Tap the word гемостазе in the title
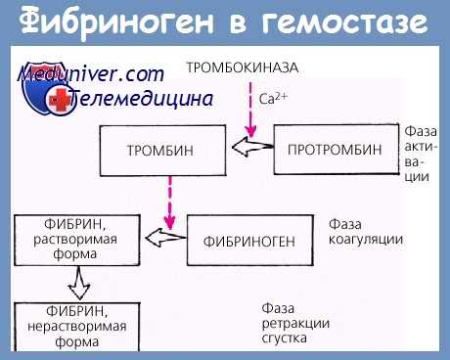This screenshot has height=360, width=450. [349, 22]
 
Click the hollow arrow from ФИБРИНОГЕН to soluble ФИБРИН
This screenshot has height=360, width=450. [161, 237]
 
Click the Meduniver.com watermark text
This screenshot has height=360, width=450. [88, 73]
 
